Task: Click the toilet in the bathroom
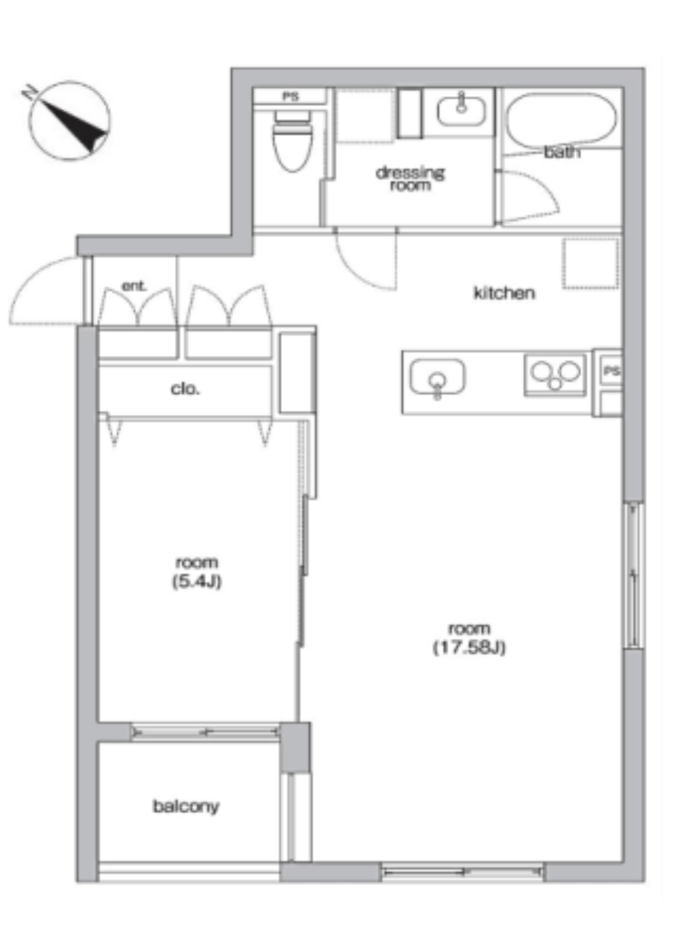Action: (x=293, y=140)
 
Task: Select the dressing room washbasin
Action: (x=461, y=110)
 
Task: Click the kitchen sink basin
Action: (x=437, y=377)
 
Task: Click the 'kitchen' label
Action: (x=504, y=293)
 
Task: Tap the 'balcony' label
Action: (x=186, y=806)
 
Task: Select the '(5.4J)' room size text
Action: (x=196, y=581)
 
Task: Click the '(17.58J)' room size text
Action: (x=469, y=648)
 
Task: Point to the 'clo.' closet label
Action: (x=185, y=389)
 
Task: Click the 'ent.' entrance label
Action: (x=134, y=286)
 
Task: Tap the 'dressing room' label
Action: (x=411, y=179)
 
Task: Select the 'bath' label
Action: (x=562, y=152)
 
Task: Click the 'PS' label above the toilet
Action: (x=290, y=97)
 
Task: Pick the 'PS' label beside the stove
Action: (x=611, y=371)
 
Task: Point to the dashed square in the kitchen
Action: (x=590, y=264)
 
